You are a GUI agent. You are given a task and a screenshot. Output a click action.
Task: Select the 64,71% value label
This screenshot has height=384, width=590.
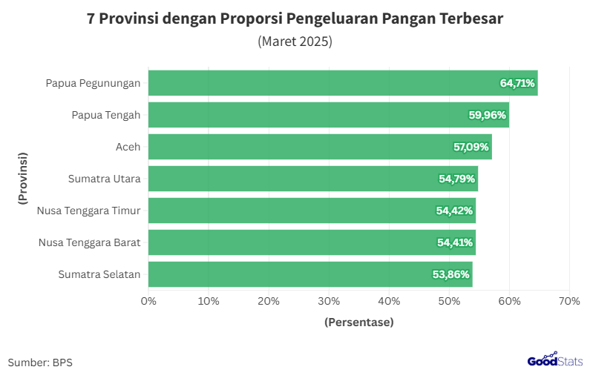pyautogui.click(x=517, y=83)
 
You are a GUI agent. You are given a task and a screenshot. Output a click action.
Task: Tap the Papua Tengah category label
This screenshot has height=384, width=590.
pyautogui.click(x=106, y=115)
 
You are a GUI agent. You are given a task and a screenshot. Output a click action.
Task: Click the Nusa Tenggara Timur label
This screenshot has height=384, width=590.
pyautogui.click(x=89, y=211)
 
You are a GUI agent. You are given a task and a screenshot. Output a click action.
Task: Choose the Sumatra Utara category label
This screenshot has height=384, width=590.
pyautogui.click(x=105, y=179)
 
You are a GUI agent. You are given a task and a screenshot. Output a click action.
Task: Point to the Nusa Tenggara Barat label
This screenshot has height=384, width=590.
pyautogui.click(x=89, y=242)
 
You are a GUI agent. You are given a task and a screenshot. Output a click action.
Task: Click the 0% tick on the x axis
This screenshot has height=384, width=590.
pyautogui.click(x=148, y=301)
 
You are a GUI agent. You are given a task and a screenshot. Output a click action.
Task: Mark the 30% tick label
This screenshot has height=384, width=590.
pyautogui.click(x=329, y=301)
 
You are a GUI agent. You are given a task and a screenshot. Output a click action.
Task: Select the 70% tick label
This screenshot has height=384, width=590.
pyautogui.click(x=569, y=301)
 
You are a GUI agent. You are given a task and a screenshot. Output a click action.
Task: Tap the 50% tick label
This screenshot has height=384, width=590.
pyautogui.click(x=449, y=301)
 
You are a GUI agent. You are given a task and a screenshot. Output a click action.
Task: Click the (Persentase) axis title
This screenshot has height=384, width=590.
pyautogui.click(x=359, y=322)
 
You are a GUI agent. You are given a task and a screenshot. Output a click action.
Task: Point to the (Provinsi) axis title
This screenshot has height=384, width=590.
pyautogui.click(x=22, y=179)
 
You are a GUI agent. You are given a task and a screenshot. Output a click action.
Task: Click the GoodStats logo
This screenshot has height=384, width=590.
pyautogui.click(x=554, y=360)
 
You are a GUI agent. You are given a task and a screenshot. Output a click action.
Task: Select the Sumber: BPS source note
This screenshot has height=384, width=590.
pyautogui.click(x=40, y=363)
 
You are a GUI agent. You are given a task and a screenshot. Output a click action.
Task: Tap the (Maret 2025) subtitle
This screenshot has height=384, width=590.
pyautogui.click(x=295, y=42)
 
